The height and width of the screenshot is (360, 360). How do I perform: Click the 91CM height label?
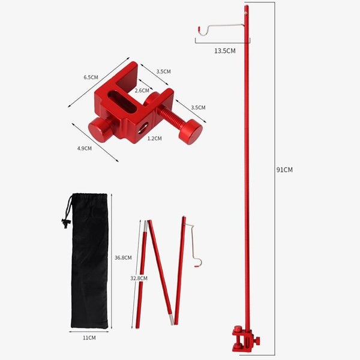click(284, 170)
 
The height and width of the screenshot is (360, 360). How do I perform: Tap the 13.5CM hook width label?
click(225, 51)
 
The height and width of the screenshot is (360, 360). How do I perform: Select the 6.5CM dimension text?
click(91, 77)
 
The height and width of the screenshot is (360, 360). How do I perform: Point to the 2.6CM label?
click(142, 91)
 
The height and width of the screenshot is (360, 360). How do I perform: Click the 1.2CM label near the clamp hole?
click(155, 139)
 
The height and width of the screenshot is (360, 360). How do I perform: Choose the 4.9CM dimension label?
click(85, 149)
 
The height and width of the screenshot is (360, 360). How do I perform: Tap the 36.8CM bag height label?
click(123, 258)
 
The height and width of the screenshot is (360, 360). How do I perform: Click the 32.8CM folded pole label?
click(139, 278)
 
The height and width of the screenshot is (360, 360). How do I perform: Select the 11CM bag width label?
click(89, 338)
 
